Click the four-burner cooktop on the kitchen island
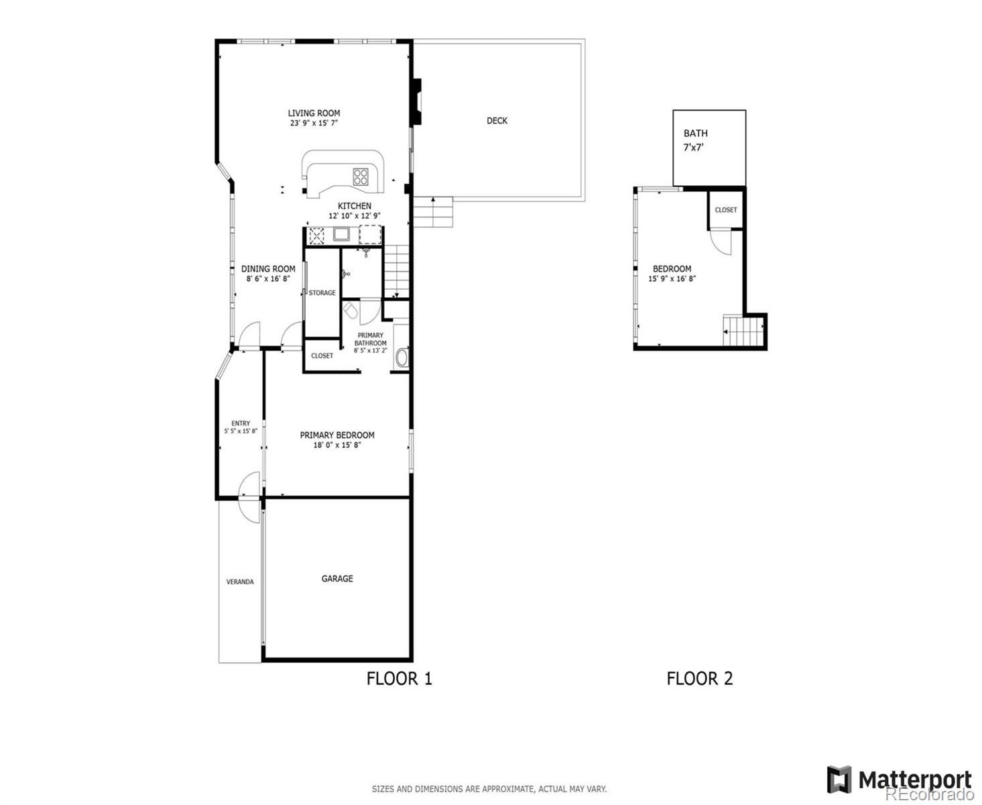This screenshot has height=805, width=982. [x=361, y=176]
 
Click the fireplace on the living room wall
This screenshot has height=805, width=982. [x=417, y=101]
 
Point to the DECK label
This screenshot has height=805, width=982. [x=497, y=121]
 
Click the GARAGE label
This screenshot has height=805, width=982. [x=337, y=578]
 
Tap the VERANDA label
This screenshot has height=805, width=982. [x=240, y=582]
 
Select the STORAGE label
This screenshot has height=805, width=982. [x=322, y=292]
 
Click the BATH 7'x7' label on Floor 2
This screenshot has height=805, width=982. [x=695, y=140]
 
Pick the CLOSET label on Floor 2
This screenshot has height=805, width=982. [x=725, y=210]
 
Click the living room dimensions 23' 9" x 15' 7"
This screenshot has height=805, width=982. [x=314, y=123]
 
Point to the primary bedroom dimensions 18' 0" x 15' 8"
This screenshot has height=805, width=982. [x=337, y=445]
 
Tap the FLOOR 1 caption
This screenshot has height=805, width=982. [x=399, y=678]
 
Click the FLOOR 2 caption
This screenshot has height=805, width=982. [x=699, y=678]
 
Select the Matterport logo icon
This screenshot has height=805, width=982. [x=839, y=780]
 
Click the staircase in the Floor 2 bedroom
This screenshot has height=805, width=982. [x=743, y=331]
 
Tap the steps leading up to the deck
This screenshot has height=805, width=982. [x=432, y=212]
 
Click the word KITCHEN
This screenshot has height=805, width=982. [x=354, y=206]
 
